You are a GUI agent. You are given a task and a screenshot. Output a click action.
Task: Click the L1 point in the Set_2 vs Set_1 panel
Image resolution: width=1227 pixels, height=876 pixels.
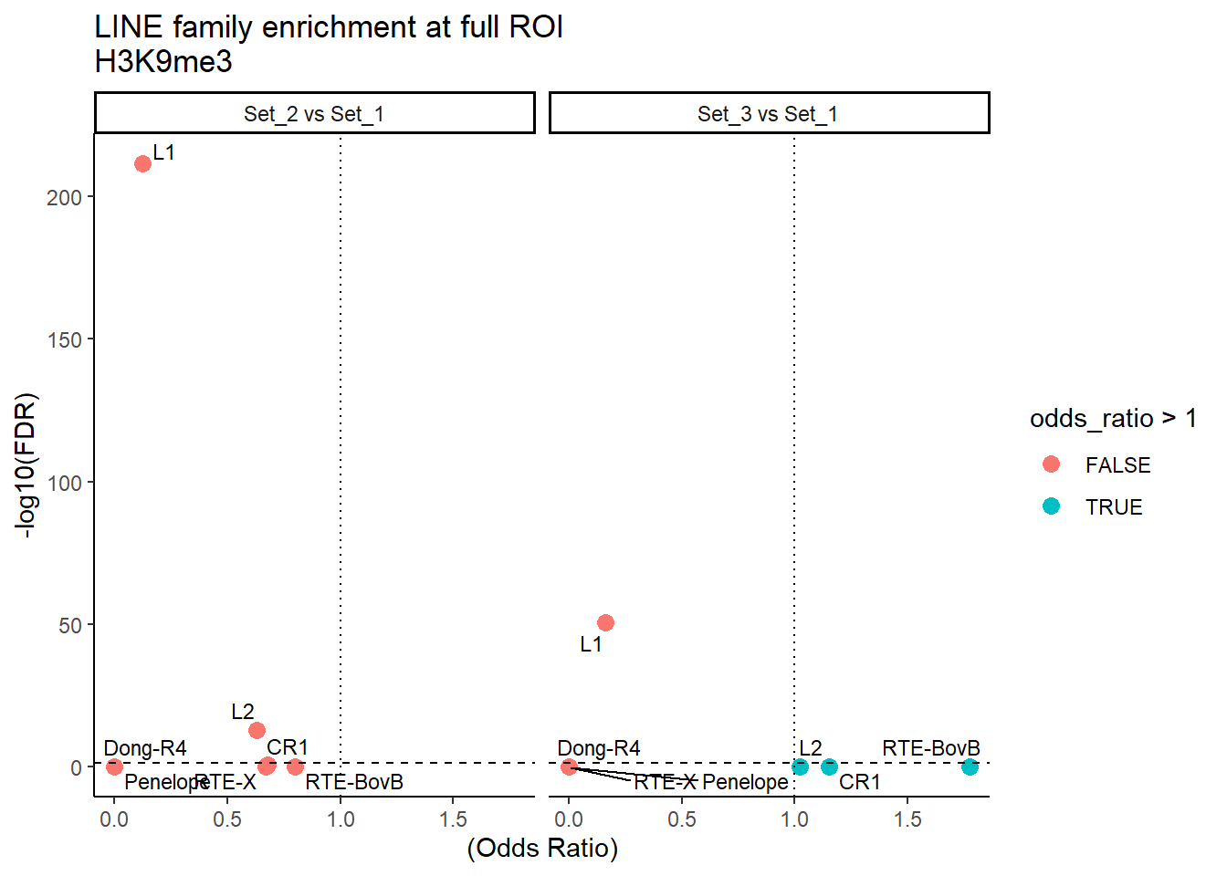point(142,164)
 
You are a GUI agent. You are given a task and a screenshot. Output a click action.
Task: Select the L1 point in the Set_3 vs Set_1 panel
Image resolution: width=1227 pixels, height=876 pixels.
point(605,623)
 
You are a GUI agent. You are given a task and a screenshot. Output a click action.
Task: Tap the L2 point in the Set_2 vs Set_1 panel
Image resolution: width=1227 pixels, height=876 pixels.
point(257,730)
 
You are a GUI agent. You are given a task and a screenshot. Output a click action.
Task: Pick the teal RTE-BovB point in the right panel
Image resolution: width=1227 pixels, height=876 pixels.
point(970,767)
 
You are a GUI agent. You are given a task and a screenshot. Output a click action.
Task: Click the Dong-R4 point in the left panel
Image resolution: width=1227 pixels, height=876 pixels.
point(114,767)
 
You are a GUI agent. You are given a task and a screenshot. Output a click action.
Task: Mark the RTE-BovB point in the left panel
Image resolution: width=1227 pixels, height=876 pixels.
point(295,767)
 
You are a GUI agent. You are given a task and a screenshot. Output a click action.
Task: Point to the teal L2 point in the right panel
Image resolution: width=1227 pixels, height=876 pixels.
point(800,767)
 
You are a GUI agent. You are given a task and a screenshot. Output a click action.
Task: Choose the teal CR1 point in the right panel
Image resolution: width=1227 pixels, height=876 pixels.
point(829,767)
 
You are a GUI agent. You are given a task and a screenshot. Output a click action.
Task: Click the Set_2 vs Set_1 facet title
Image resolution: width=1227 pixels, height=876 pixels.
point(314,114)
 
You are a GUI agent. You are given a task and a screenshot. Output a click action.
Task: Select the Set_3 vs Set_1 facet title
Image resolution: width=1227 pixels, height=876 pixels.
point(768,114)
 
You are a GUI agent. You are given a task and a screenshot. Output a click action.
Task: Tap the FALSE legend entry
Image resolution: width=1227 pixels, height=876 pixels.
point(1117,465)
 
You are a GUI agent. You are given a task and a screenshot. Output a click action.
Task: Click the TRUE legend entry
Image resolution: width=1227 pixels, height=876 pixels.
point(1114,507)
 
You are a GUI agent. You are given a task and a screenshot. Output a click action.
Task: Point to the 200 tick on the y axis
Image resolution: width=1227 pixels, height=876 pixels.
point(64,198)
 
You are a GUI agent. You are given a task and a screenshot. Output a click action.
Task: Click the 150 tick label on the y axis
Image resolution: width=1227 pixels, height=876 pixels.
point(64,340)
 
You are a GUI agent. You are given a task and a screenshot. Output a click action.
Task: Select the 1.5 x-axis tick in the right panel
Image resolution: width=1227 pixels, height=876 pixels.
point(907,819)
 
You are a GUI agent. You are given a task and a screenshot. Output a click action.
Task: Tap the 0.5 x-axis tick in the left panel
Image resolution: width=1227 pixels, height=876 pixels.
point(227,819)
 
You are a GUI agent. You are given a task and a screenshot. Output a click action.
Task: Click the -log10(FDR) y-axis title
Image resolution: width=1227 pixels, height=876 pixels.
point(27,465)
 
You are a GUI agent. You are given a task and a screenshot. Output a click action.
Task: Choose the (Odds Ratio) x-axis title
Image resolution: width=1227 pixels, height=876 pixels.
point(542,849)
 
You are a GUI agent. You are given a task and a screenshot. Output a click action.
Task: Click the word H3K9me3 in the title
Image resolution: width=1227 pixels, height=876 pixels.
point(163,62)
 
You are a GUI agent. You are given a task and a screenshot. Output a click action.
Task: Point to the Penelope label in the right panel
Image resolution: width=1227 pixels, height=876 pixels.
point(745,782)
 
